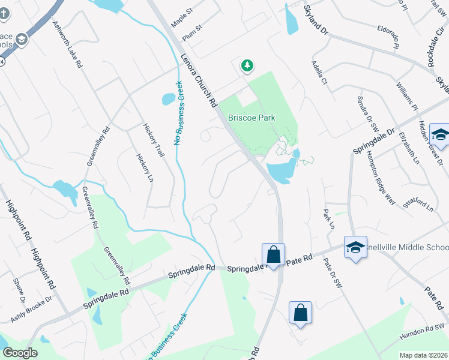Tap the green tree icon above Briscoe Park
coord(247,66)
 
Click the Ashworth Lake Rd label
coord(67,45)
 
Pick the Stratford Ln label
coord(418,203)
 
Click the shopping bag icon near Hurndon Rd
coord(300,313)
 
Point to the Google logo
coord(19,353)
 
